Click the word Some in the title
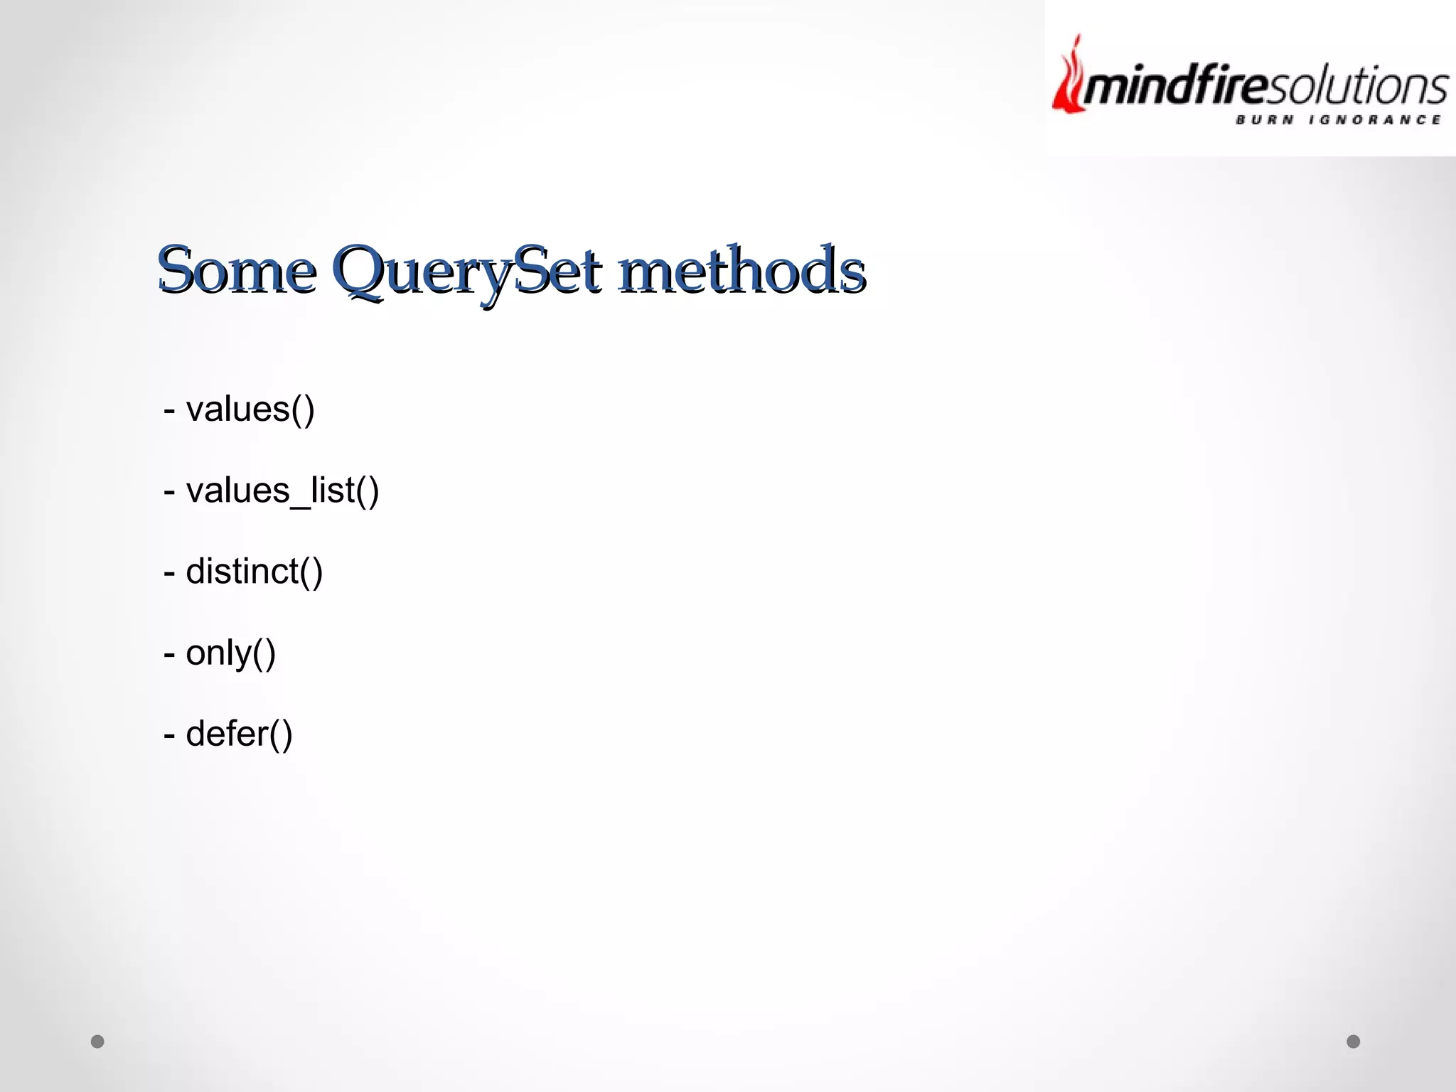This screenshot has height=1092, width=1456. pos(237,270)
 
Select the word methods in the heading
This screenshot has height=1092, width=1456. pos(742,270)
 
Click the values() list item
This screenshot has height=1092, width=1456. pos(240,409)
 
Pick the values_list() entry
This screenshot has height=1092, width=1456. pos(272,491)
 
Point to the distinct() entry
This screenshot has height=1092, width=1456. pos(243,572)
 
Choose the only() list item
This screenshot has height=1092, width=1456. pos(220,653)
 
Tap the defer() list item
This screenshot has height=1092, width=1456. pos(228,734)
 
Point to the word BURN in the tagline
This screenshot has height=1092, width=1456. pos(1265,120)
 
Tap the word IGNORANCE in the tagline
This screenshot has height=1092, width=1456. pos(1375,120)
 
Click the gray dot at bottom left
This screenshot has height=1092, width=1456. pos(97,1042)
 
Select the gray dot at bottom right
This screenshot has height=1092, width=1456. pos(1354,1042)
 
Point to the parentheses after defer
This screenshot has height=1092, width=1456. pos(281,734)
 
